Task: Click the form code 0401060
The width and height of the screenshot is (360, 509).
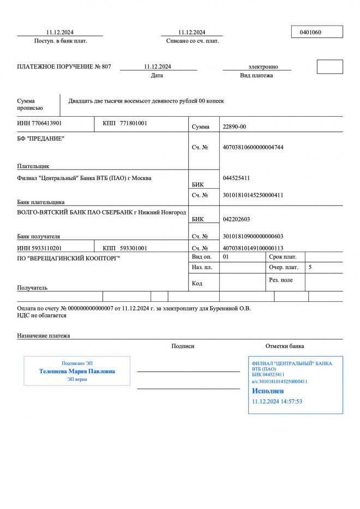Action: (310, 32)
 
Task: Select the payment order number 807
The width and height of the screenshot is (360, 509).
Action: (106, 67)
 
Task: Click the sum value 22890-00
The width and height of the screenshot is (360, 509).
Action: (235, 127)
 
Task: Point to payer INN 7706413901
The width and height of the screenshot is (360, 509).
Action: (40, 123)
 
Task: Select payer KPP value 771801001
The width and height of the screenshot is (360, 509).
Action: (134, 123)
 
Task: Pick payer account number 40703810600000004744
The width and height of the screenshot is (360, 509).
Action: (253, 147)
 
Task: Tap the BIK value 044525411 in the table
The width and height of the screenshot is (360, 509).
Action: (237, 178)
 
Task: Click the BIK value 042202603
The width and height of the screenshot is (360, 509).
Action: (237, 219)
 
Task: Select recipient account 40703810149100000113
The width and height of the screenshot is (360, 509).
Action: (253, 248)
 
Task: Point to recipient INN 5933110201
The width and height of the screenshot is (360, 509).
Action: (40, 248)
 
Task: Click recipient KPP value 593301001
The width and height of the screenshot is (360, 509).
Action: (134, 248)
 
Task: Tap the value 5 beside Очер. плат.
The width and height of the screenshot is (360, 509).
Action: (310, 267)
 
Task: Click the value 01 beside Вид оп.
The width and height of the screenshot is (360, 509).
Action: (226, 256)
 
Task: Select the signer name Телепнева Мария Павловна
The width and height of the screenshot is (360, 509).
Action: (77, 371)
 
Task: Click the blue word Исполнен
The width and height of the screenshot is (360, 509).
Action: (268, 391)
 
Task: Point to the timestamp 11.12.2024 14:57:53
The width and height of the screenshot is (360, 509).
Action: (277, 402)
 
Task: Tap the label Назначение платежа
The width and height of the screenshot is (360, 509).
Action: (44, 336)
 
